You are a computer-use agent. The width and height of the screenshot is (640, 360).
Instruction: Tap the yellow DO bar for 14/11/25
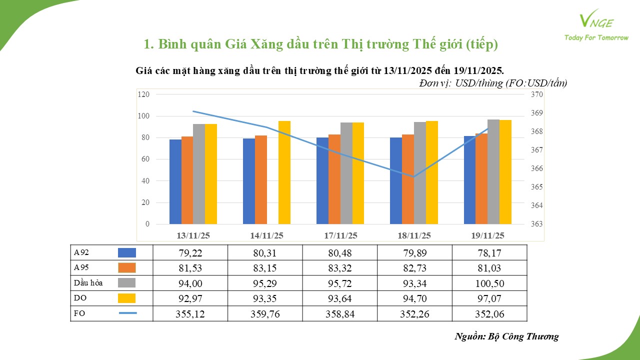(284, 172)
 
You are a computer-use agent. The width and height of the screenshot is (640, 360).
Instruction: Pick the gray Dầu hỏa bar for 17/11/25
(346, 173)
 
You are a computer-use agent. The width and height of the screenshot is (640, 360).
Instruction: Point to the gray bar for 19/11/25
(493, 171)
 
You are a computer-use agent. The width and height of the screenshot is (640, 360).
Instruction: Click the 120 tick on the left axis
(144, 94)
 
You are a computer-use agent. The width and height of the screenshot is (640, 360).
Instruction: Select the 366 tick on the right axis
(536, 168)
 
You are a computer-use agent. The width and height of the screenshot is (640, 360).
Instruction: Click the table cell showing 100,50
(489, 283)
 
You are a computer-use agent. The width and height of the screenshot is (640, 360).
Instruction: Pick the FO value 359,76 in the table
(265, 314)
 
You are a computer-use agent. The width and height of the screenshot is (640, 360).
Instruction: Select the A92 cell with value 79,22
(190, 253)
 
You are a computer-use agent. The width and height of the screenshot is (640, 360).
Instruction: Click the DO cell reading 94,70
(414, 298)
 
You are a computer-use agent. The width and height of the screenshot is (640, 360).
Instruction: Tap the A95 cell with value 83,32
(339, 268)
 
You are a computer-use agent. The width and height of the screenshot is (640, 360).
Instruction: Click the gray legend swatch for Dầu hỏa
(127, 283)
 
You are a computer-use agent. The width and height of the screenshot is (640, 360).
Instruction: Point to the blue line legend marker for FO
(127, 313)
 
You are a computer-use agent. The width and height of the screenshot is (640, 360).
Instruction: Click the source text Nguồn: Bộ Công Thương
(506, 336)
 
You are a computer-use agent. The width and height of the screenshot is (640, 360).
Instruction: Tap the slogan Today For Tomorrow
(596, 38)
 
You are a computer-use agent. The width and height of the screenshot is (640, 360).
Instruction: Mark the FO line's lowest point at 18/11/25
(413, 176)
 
